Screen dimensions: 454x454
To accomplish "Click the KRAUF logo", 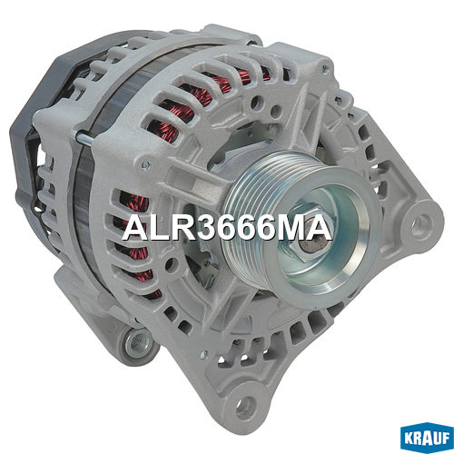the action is pyautogui.click(x=427, y=438).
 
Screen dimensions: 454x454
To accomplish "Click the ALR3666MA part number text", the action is pyautogui.click(x=227, y=228).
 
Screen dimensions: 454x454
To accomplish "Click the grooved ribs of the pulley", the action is pyautogui.click(x=252, y=212).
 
